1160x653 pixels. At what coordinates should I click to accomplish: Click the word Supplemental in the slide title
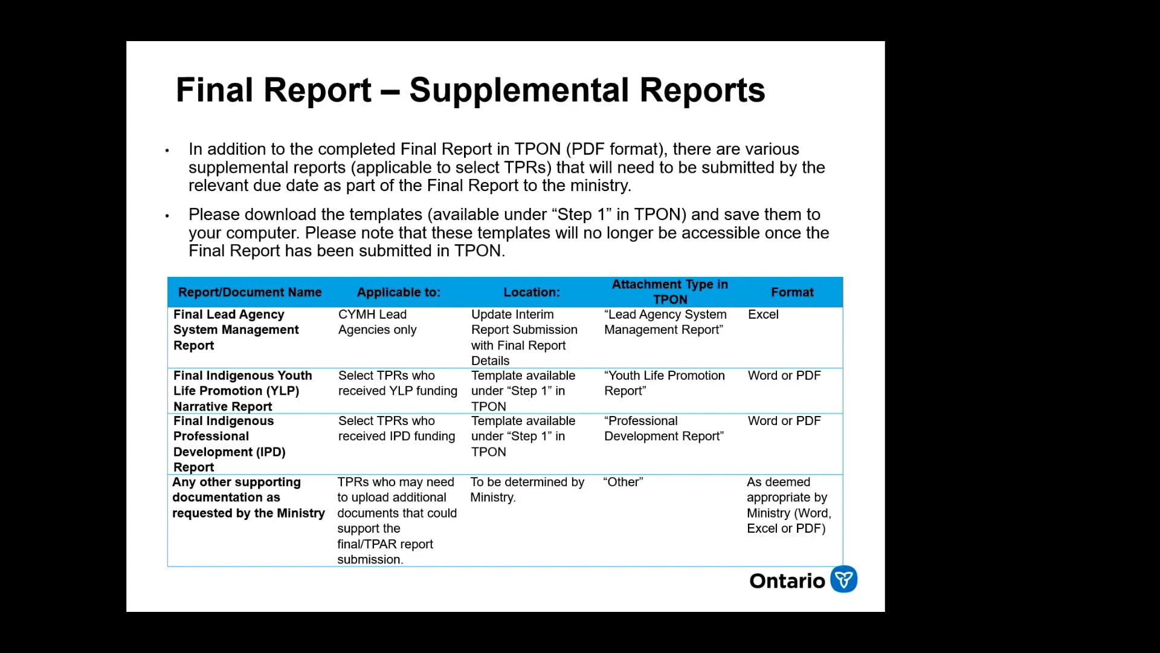click(x=520, y=91)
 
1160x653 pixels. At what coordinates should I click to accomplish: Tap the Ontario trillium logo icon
click(x=844, y=579)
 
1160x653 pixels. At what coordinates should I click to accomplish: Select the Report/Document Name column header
click(x=250, y=292)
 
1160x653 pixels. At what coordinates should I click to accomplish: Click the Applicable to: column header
click(x=399, y=292)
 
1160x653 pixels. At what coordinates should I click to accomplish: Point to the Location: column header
click(x=532, y=292)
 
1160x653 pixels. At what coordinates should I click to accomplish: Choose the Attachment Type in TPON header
click(x=670, y=291)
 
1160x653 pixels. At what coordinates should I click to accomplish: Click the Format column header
click(x=792, y=292)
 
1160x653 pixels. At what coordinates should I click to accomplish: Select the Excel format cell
click(x=763, y=314)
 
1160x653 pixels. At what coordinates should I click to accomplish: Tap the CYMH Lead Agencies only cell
click(x=378, y=322)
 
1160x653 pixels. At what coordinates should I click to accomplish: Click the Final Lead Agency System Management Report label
click(x=236, y=330)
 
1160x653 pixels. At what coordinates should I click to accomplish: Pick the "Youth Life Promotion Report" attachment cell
click(x=665, y=383)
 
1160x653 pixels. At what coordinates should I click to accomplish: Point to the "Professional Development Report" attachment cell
click(x=664, y=429)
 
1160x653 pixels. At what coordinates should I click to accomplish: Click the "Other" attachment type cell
click(x=623, y=482)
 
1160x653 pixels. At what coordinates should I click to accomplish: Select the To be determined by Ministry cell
click(x=527, y=490)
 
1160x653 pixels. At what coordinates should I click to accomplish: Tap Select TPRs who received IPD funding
click(x=397, y=429)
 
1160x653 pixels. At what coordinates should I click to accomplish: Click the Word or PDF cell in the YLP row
click(x=784, y=375)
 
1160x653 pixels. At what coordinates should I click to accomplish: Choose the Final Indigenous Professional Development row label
click(x=230, y=444)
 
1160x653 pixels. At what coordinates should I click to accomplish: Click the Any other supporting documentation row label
click(x=248, y=498)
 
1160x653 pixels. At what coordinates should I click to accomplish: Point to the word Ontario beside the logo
click(x=787, y=581)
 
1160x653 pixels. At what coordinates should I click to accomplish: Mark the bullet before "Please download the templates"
click(x=167, y=215)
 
